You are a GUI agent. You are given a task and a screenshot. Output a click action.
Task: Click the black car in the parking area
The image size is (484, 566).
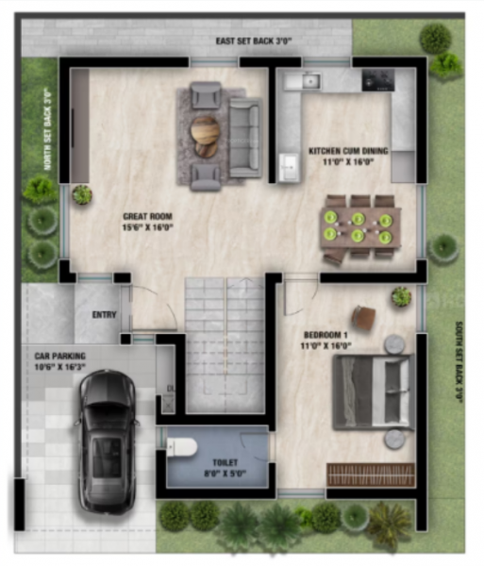click(107, 440)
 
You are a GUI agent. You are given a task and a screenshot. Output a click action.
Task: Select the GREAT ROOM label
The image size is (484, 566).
click(146, 222)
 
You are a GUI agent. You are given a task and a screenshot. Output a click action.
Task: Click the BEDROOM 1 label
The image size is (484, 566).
click(325, 341)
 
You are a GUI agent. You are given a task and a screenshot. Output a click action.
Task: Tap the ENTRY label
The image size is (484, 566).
click(104, 315)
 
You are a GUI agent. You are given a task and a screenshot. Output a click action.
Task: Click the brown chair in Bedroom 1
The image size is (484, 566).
click(363, 317)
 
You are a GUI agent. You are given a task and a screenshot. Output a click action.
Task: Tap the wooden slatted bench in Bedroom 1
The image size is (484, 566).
click(370, 474)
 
